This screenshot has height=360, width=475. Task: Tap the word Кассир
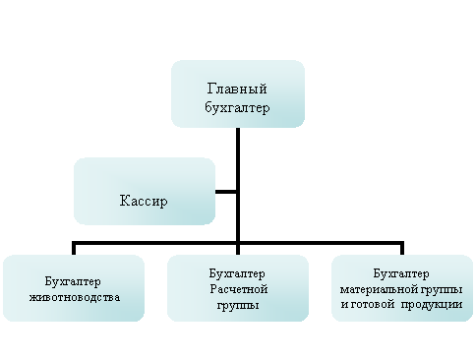(144, 201)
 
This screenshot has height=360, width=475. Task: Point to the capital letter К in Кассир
(124, 201)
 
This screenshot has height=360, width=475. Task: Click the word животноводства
(75, 296)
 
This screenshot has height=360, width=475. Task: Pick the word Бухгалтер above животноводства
(75, 280)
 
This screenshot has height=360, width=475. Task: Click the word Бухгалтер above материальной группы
(403, 273)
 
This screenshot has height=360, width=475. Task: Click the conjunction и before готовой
(344, 305)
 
